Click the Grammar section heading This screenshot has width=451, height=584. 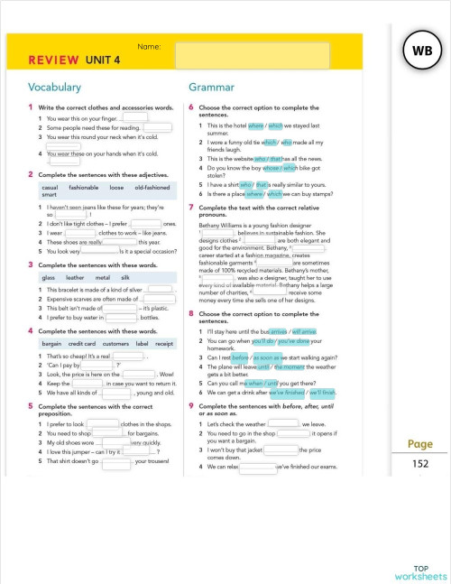[212, 88]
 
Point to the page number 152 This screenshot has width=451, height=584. [420, 463]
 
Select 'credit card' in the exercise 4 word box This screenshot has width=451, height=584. [82, 344]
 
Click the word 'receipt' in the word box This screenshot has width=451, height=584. [164, 344]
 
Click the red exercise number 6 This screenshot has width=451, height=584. [190, 107]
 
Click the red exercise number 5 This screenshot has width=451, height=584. [31, 407]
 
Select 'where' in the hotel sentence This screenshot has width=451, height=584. [256, 125]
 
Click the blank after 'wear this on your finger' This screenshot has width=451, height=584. [134, 117]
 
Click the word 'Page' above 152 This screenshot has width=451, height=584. [420, 444]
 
